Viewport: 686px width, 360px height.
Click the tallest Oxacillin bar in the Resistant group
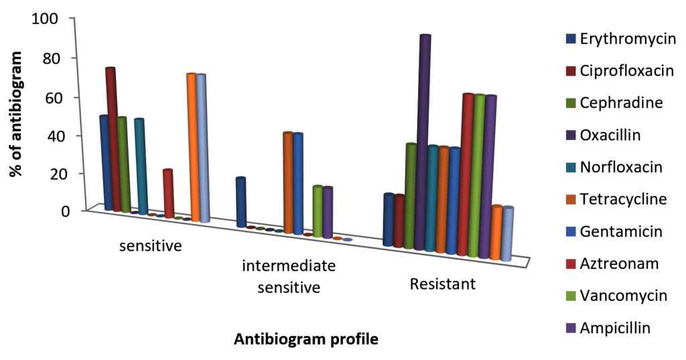423,141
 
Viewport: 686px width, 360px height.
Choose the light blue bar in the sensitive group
202,147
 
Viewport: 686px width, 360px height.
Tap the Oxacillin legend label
610,135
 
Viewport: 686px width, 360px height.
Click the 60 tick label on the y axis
52,97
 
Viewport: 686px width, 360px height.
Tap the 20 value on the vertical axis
52,174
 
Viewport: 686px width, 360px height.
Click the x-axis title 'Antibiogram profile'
305,339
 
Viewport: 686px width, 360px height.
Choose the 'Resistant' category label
442,284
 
